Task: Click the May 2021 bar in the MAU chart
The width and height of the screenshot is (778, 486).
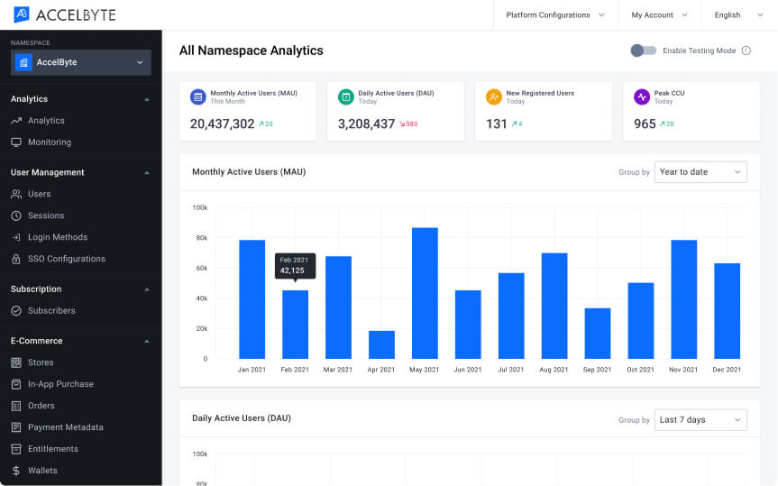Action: [425, 293]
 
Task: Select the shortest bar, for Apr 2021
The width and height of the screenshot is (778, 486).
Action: [381, 344]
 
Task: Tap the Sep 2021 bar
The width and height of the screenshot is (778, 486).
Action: [598, 334]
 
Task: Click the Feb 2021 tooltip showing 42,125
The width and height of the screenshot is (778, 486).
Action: [295, 265]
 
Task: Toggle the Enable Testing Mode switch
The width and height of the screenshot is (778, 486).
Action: [643, 50]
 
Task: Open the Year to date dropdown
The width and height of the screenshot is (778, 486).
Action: [700, 171]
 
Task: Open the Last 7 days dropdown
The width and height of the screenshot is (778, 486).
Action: [700, 419]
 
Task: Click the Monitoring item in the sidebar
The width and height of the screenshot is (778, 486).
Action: [49, 142]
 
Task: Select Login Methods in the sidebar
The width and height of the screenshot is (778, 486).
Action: [57, 237]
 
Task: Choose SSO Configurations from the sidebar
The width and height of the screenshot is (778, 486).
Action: [66, 259]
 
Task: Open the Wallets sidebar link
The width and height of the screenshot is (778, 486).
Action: [42, 470]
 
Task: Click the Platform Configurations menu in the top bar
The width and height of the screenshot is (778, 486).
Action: [554, 14]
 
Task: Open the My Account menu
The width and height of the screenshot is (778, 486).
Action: [659, 14]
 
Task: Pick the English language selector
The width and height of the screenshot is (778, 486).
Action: [734, 14]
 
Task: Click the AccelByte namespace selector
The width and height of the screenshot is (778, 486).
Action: [81, 62]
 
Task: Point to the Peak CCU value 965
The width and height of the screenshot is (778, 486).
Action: [645, 124]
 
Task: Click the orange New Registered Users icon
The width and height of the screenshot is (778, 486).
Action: [493, 96]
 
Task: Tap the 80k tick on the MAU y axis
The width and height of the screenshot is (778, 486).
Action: [200, 238]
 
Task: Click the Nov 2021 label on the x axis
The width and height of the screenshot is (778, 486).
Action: [683, 369]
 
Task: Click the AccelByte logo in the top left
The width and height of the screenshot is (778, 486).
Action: [64, 14]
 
